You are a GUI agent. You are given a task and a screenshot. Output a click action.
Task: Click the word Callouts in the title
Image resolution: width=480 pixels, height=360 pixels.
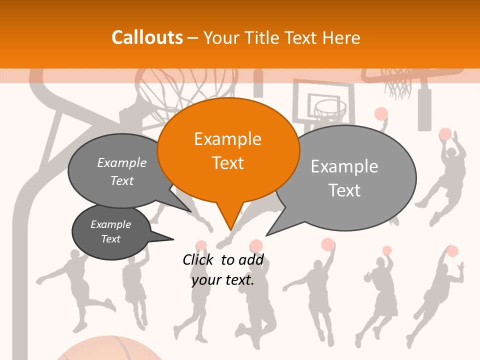click(x=147, y=37)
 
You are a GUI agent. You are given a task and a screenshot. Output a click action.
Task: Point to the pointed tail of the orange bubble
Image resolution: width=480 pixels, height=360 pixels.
click(x=230, y=227)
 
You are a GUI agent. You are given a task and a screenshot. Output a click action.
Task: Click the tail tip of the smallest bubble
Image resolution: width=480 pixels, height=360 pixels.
click(x=172, y=239)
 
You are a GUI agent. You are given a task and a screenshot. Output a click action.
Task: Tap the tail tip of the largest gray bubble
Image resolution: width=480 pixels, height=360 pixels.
click(x=267, y=235)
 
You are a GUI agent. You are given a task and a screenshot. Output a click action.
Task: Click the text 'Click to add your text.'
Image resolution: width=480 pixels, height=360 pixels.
click(x=223, y=270)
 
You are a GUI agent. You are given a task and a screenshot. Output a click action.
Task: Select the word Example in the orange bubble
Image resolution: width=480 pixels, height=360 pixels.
click(x=227, y=139)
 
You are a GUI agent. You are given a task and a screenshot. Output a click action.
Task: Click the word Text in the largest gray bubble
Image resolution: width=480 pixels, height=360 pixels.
click(x=344, y=190)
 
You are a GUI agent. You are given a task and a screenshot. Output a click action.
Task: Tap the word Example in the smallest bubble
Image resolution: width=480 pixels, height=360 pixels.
click(x=110, y=224)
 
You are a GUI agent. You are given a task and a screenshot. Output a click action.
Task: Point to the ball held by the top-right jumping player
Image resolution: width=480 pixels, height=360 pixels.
click(x=445, y=134)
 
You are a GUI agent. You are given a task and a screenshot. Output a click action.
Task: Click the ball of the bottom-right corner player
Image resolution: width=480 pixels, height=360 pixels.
click(x=452, y=251)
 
